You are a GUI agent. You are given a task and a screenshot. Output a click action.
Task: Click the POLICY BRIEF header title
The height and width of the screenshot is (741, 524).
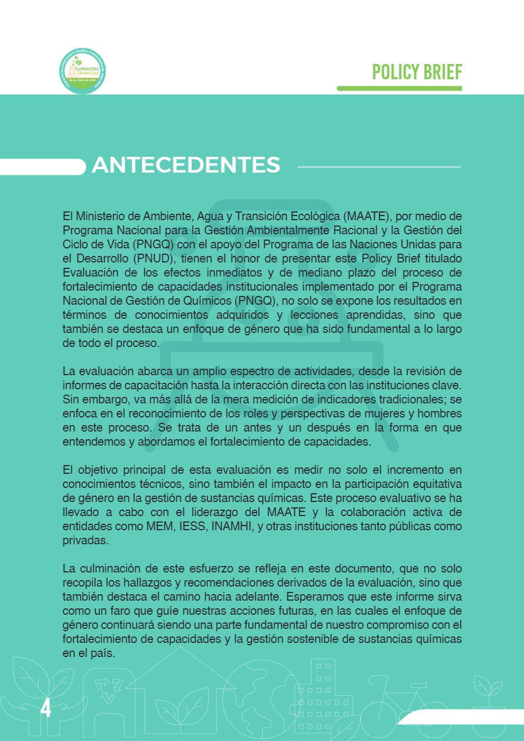coord(417,72)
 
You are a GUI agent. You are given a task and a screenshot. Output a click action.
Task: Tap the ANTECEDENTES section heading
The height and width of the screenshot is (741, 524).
coord(186,165)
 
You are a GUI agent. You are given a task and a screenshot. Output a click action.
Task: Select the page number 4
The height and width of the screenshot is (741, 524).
coord(45,709)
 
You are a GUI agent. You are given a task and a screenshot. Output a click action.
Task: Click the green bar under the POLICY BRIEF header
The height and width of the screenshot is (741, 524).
coord(399,88)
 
